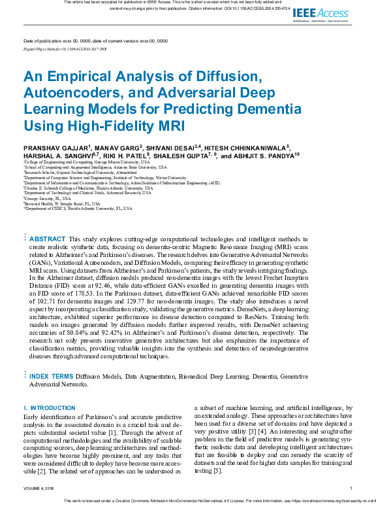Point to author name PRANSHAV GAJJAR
point(56,147)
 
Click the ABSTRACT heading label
point(47,240)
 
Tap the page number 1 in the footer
point(351,488)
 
